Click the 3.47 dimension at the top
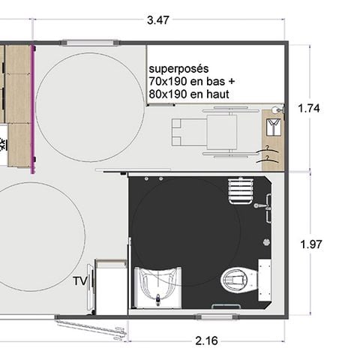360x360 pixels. [157, 20]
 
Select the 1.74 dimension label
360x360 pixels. [309, 108]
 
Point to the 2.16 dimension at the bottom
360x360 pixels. [206, 340]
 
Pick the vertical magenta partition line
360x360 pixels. [33, 109]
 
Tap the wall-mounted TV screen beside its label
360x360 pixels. [92, 288]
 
